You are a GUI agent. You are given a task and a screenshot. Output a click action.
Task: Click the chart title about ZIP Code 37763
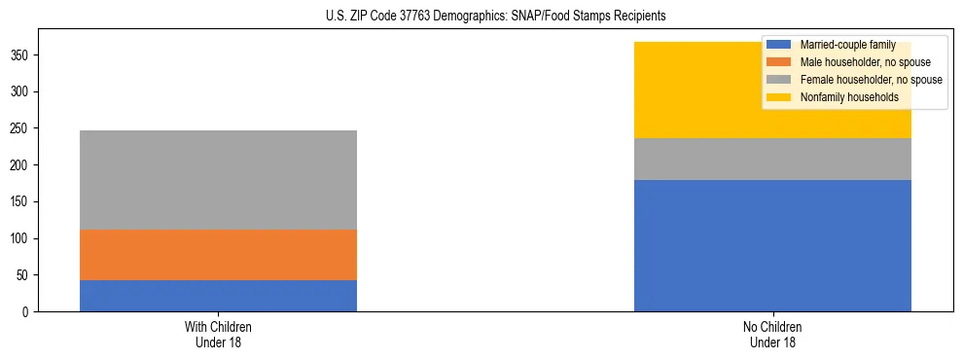pyautogui.click(x=481, y=17)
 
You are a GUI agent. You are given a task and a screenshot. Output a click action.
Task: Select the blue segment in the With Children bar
pyautogui.click(x=218, y=296)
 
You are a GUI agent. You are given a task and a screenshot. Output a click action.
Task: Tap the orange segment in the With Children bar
pyautogui.click(x=218, y=255)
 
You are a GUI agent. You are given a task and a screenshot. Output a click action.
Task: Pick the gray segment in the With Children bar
pyautogui.click(x=218, y=180)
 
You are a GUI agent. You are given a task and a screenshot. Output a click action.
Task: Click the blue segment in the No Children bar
pyautogui.click(x=772, y=245)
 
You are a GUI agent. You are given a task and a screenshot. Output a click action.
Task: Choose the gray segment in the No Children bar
pyautogui.click(x=772, y=160)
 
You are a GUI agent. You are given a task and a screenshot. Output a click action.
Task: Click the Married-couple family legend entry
pyautogui.click(x=846, y=45)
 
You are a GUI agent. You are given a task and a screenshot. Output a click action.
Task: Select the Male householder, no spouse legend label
pyautogui.click(x=865, y=62)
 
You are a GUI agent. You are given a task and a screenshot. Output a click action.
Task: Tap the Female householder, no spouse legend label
pyautogui.click(x=871, y=80)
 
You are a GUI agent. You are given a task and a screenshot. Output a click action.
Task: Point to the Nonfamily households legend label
pyautogui.click(x=849, y=97)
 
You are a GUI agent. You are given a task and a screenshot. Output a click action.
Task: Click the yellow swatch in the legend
pyautogui.click(x=780, y=97)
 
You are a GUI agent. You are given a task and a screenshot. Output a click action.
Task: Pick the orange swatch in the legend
pyautogui.click(x=780, y=62)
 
